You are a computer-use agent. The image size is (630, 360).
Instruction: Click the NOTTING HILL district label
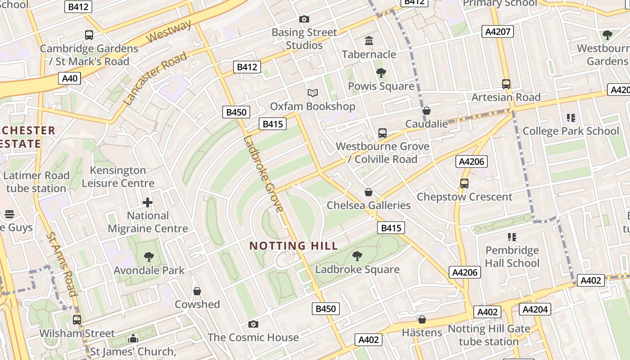coord(293,246)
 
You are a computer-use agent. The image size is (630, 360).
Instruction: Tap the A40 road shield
coord(69,78)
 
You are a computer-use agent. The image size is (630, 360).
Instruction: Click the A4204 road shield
coord(535,309)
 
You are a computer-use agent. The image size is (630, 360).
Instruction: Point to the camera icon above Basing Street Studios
coord(304,19)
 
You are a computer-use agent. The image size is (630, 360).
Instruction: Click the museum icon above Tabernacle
coord(369,41)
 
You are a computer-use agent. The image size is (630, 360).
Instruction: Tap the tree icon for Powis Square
coord(381,72)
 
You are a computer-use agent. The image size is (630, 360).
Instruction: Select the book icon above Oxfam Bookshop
coord(312,93)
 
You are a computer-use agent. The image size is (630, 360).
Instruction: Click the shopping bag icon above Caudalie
coord(426,111)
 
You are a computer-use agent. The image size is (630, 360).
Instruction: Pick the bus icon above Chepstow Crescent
coord(464,184)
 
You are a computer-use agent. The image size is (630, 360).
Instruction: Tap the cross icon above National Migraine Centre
coord(148,202)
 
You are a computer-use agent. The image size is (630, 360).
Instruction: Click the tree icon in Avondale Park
coord(148,257)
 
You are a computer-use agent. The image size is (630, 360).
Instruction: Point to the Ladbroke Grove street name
coord(264,174)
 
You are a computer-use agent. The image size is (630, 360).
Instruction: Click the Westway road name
coord(169,32)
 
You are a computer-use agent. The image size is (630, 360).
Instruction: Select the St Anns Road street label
coord(62,264)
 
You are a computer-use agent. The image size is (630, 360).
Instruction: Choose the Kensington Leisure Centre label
coord(118,177)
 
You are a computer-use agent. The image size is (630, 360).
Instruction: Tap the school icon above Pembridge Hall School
coord(512,237)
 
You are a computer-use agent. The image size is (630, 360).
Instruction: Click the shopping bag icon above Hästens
coord(422,319)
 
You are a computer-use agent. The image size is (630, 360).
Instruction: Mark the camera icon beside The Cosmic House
coord(253,324)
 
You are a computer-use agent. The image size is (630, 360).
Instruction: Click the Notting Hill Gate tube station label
coord(489,335)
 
